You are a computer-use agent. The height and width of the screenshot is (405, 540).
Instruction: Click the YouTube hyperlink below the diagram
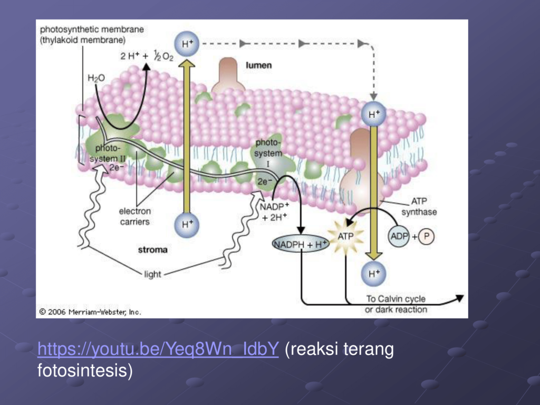[x=158, y=349]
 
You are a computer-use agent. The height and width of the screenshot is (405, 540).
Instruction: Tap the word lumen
[x=258, y=65]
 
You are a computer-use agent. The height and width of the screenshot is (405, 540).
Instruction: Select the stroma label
[x=152, y=249]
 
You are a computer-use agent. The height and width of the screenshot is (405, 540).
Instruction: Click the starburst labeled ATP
[x=345, y=237]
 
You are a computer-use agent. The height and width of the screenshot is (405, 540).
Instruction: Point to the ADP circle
[x=399, y=237]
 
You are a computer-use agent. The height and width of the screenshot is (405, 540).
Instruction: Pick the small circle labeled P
[x=426, y=237]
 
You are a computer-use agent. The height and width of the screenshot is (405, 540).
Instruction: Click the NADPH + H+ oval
[x=301, y=244]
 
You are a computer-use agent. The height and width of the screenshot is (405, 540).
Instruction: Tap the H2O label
[x=96, y=78]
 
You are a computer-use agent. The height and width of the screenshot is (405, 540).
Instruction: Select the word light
[x=152, y=274]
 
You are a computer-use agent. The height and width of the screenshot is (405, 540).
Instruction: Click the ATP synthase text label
[x=419, y=206]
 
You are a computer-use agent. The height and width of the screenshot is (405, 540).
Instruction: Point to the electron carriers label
[x=134, y=216]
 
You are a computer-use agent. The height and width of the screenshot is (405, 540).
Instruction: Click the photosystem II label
[x=108, y=153]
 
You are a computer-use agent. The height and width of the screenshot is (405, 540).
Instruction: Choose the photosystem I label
[x=268, y=153]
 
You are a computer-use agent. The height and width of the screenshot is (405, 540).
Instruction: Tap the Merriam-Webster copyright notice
[x=90, y=312]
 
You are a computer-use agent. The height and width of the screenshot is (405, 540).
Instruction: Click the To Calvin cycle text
[x=396, y=298]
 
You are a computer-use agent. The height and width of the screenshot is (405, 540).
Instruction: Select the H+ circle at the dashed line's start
[x=187, y=44]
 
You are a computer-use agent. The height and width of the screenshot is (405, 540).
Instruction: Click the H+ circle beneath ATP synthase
[x=374, y=274]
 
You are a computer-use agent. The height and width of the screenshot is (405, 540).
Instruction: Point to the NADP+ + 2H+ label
[x=274, y=212]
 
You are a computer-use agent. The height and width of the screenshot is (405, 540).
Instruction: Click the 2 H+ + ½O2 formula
[x=147, y=56]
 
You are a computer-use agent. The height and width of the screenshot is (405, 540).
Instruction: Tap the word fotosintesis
[x=85, y=371]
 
